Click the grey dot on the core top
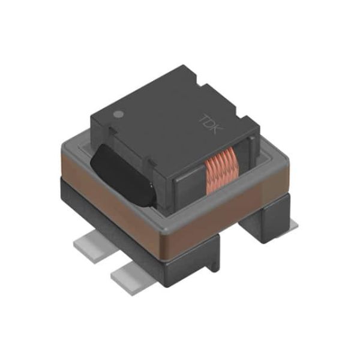119,113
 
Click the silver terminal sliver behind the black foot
293,224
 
